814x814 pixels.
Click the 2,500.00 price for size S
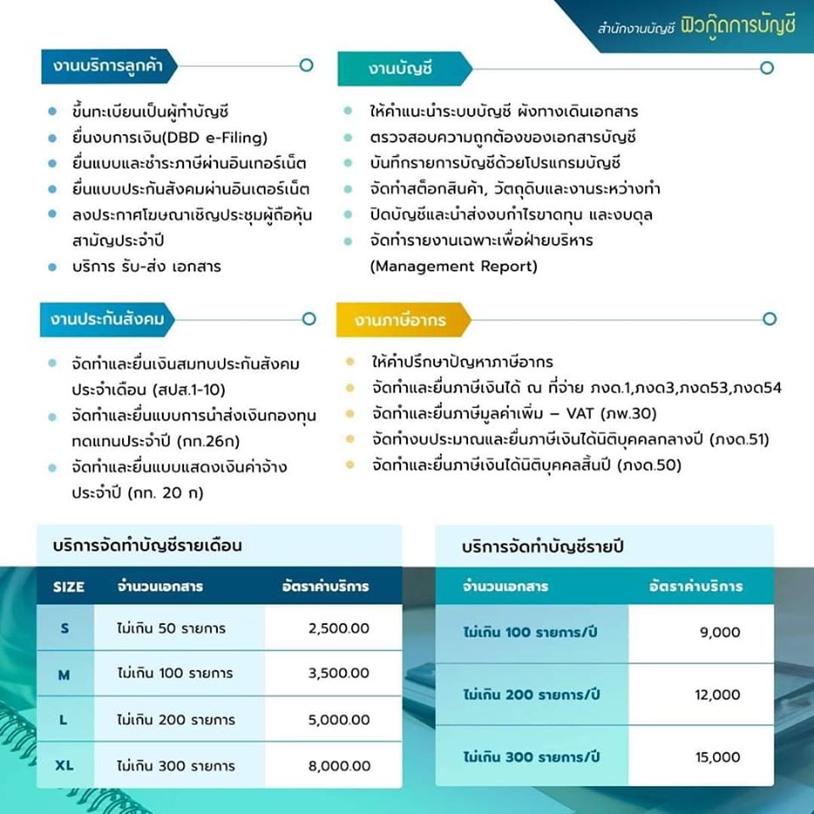pyautogui.click(x=339, y=628)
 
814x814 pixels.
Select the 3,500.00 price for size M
pyautogui.click(x=339, y=674)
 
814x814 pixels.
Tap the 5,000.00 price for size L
pyautogui.click(x=339, y=720)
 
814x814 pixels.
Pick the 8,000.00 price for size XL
pyautogui.click(x=339, y=766)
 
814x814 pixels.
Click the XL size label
pyautogui.click(x=64, y=766)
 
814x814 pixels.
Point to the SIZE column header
pyautogui.click(x=69, y=587)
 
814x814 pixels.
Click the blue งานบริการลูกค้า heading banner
pyautogui.click(x=109, y=65)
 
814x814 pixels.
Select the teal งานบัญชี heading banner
pyautogui.click(x=403, y=69)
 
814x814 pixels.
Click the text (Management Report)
pyautogui.click(x=454, y=266)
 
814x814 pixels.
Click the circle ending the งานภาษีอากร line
pyautogui.click(x=769, y=319)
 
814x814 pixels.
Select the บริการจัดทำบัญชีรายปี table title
pyautogui.click(x=543, y=548)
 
